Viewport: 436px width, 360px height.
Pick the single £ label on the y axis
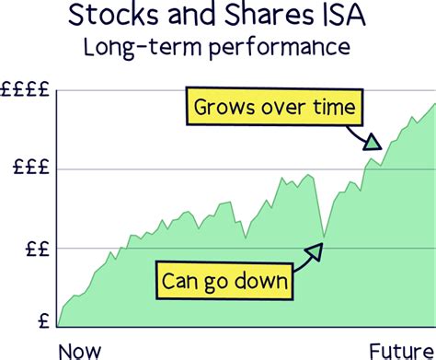45,321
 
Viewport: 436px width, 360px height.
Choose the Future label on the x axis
402,350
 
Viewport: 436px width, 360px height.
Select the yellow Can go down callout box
224,279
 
